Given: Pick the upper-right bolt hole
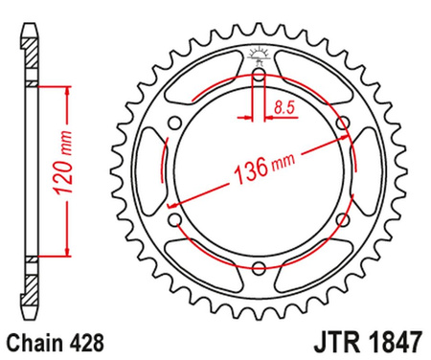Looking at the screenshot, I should [344, 122].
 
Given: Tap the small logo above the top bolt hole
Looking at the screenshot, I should [260, 55].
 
